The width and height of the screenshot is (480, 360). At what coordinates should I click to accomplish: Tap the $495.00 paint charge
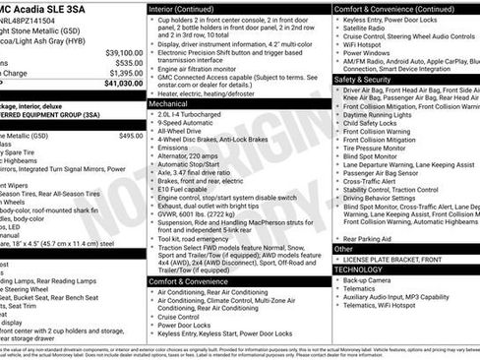click(130, 136)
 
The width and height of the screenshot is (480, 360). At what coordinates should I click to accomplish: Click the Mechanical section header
click(169, 102)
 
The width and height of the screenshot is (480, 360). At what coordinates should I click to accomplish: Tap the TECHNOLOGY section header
click(358, 269)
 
